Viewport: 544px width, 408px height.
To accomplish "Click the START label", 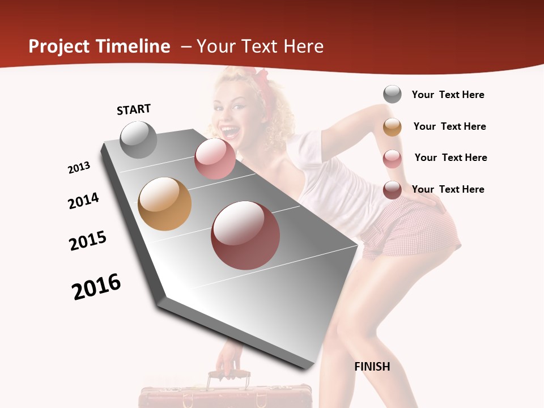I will tap(134, 109).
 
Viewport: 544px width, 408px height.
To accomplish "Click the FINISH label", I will tap(372, 367).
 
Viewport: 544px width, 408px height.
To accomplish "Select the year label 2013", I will tap(79, 168).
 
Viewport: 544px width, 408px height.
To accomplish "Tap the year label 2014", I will tap(83, 201).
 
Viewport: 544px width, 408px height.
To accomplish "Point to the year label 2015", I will tap(88, 241).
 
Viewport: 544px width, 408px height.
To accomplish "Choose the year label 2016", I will tap(96, 287).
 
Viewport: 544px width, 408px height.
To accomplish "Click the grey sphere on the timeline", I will tap(138, 140).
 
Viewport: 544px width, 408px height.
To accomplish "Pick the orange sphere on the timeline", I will tap(164, 204).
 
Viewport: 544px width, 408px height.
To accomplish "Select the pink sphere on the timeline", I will tap(215, 159).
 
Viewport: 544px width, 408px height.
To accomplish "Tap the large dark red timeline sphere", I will tap(245, 235).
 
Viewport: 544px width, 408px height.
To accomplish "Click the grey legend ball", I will tap(392, 94).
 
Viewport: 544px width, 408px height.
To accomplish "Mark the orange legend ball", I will tap(392, 127).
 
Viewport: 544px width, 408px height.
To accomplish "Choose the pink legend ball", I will tap(392, 159).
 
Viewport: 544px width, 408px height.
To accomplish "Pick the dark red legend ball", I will tap(392, 190).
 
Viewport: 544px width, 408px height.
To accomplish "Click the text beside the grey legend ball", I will tap(448, 95).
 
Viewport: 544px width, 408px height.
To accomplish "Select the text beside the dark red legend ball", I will tap(448, 189).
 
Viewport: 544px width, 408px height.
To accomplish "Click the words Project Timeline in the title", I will tap(99, 46).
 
